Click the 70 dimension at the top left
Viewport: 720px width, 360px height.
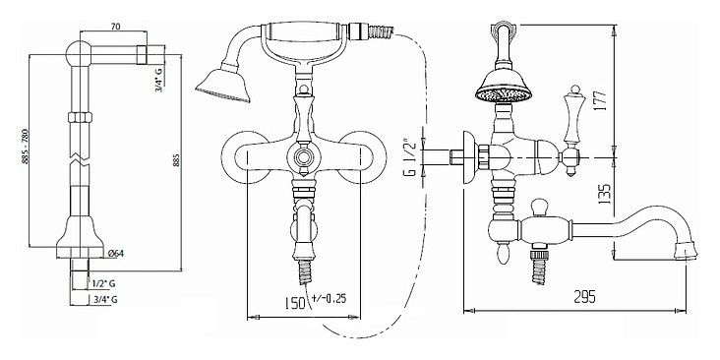pos(115,27)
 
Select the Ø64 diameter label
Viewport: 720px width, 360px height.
pos(116,253)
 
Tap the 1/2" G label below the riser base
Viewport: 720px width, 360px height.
pos(103,284)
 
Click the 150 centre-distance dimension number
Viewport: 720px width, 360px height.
pos(294,303)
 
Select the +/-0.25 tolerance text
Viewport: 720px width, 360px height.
pos(329,298)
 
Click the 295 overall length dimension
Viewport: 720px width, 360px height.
pos(585,297)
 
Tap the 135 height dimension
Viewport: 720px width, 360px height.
pos(605,194)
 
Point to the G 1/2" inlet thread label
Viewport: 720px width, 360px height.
pos(411,157)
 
